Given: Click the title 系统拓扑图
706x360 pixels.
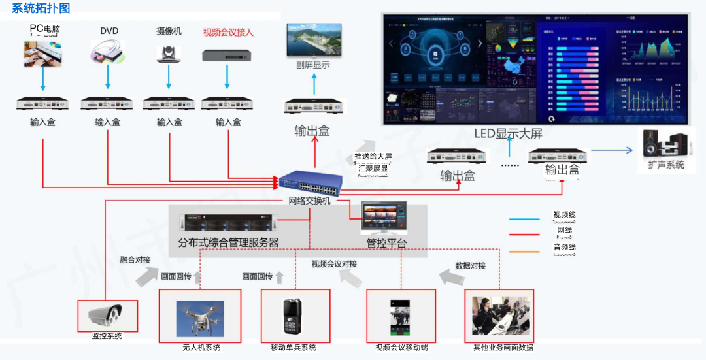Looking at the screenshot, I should click(41, 8).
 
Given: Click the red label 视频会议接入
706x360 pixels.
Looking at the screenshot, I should click(228, 32).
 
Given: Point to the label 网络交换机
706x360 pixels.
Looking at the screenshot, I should click(310, 201).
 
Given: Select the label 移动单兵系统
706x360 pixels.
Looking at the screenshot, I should click(294, 347).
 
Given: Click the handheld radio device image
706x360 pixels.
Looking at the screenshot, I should click(292, 318).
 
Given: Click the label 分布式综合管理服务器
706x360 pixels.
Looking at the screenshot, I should click(229, 242).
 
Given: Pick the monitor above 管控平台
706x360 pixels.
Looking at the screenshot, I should click(384, 218).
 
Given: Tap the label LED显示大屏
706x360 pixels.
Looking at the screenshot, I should click(509, 134).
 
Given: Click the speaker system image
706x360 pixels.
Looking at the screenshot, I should click(665, 144).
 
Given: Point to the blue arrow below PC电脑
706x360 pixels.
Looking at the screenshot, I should click(43, 78).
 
